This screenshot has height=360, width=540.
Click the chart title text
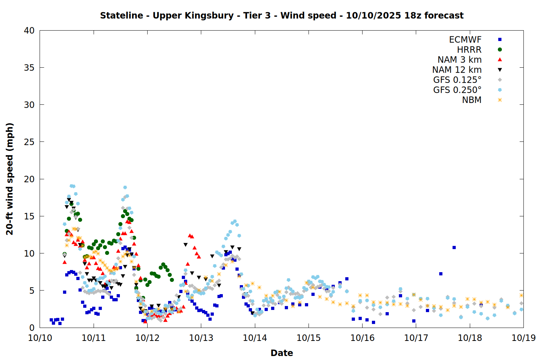(282, 15)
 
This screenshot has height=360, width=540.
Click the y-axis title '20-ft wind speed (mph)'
(10, 179)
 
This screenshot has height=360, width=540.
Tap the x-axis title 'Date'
(282, 353)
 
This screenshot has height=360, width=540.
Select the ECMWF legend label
(465, 40)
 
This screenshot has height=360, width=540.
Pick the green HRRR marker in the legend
(500, 50)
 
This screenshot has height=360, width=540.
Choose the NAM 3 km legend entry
(459, 60)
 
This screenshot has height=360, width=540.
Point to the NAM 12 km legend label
(457, 70)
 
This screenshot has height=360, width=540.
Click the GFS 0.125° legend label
(457, 80)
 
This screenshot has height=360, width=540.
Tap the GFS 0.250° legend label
(457, 90)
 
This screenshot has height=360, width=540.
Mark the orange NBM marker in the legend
(500, 100)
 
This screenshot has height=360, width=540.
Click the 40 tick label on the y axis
(29, 31)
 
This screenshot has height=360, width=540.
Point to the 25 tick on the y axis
(29, 142)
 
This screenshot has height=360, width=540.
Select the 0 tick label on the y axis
(32, 328)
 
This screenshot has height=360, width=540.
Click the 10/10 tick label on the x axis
(40, 338)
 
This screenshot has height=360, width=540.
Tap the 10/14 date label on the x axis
(255, 338)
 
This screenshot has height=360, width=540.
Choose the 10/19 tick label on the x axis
(523, 338)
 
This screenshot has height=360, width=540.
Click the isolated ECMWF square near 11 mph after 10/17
(454, 247)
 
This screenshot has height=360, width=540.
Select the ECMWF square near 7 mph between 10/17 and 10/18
(441, 274)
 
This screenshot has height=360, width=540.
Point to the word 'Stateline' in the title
(121, 15)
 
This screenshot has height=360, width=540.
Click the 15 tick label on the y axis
(29, 216)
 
